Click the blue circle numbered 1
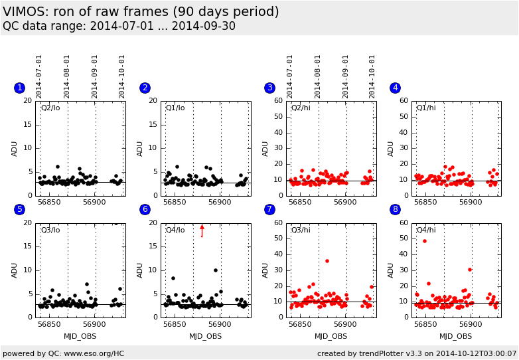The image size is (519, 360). (x=19, y=88)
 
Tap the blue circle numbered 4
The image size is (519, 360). (x=395, y=88)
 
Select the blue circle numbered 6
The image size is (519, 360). (x=145, y=209)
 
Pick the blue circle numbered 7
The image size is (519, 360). (x=269, y=209)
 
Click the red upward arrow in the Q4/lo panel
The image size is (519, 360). (x=202, y=230)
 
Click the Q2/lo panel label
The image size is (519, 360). (x=50, y=108)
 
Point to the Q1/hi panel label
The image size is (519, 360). (x=426, y=108)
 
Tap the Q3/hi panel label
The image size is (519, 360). (x=301, y=230)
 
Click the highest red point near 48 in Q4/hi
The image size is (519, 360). (x=425, y=241)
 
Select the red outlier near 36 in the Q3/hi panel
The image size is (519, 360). (x=327, y=261)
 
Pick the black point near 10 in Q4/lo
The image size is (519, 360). (x=216, y=270)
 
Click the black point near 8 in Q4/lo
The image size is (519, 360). (x=173, y=278)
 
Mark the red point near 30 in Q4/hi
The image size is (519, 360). (x=469, y=270)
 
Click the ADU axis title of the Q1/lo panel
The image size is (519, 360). (x=139, y=148)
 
